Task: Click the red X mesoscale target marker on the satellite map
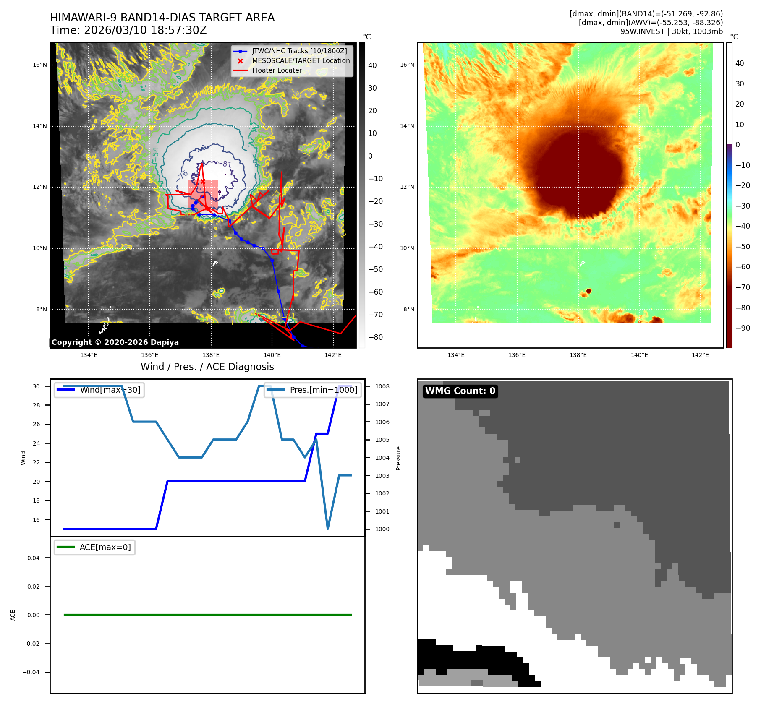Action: pos(203,181)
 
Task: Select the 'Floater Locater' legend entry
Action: pos(277,70)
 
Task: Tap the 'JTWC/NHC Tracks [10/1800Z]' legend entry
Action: pos(299,51)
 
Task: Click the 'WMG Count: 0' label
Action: pos(460,391)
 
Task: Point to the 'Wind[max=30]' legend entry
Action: pos(110,390)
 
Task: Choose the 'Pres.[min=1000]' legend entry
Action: pos(323,390)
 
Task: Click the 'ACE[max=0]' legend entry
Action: pos(105,547)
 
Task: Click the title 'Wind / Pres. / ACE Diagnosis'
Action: pos(207,367)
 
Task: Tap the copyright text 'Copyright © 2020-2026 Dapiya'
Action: pos(115,342)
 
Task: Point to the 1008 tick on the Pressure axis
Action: pos(382,386)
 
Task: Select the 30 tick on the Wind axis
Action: pos(37,386)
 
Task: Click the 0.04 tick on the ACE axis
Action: pos(34,558)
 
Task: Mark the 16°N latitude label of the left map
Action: pos(40,65)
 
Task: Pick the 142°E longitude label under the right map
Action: pos(700,355)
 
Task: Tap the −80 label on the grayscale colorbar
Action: pos(375,337)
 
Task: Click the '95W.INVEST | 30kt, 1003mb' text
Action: pos(672,31)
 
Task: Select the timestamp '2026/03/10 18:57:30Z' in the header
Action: pos(145,31)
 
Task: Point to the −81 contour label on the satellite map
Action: pos(227,164)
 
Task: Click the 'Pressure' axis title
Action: pos(399,458)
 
